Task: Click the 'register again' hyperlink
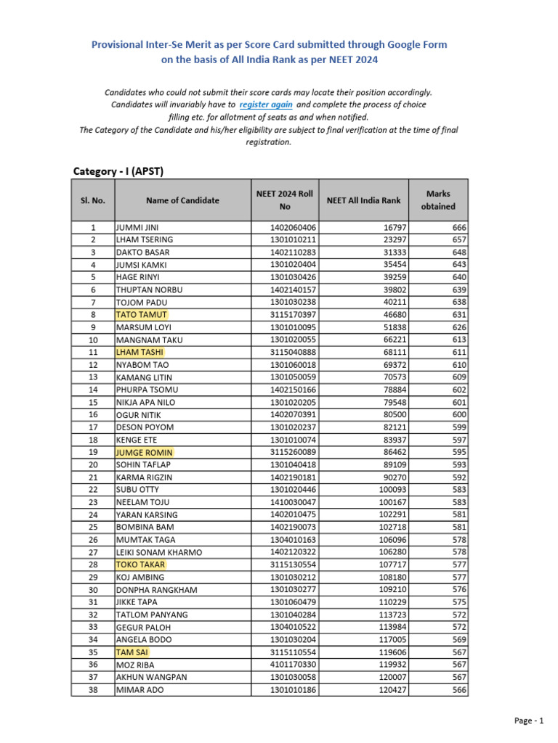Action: (266, 104)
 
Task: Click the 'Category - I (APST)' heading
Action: (118, 171)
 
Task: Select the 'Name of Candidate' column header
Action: (182, 200)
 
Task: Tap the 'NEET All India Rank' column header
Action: (363, 200)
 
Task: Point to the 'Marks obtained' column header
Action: (438, 200)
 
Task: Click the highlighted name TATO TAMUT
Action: (142, 315)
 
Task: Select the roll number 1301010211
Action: (293, 240)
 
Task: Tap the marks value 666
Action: (458, 228)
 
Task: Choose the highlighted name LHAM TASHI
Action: (140, 353)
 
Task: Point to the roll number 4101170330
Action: (293, 665)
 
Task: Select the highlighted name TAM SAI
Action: (132, 652)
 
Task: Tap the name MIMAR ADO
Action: (139, 690)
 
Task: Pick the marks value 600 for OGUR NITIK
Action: (458, 415)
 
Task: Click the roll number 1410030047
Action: (293, 502)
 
